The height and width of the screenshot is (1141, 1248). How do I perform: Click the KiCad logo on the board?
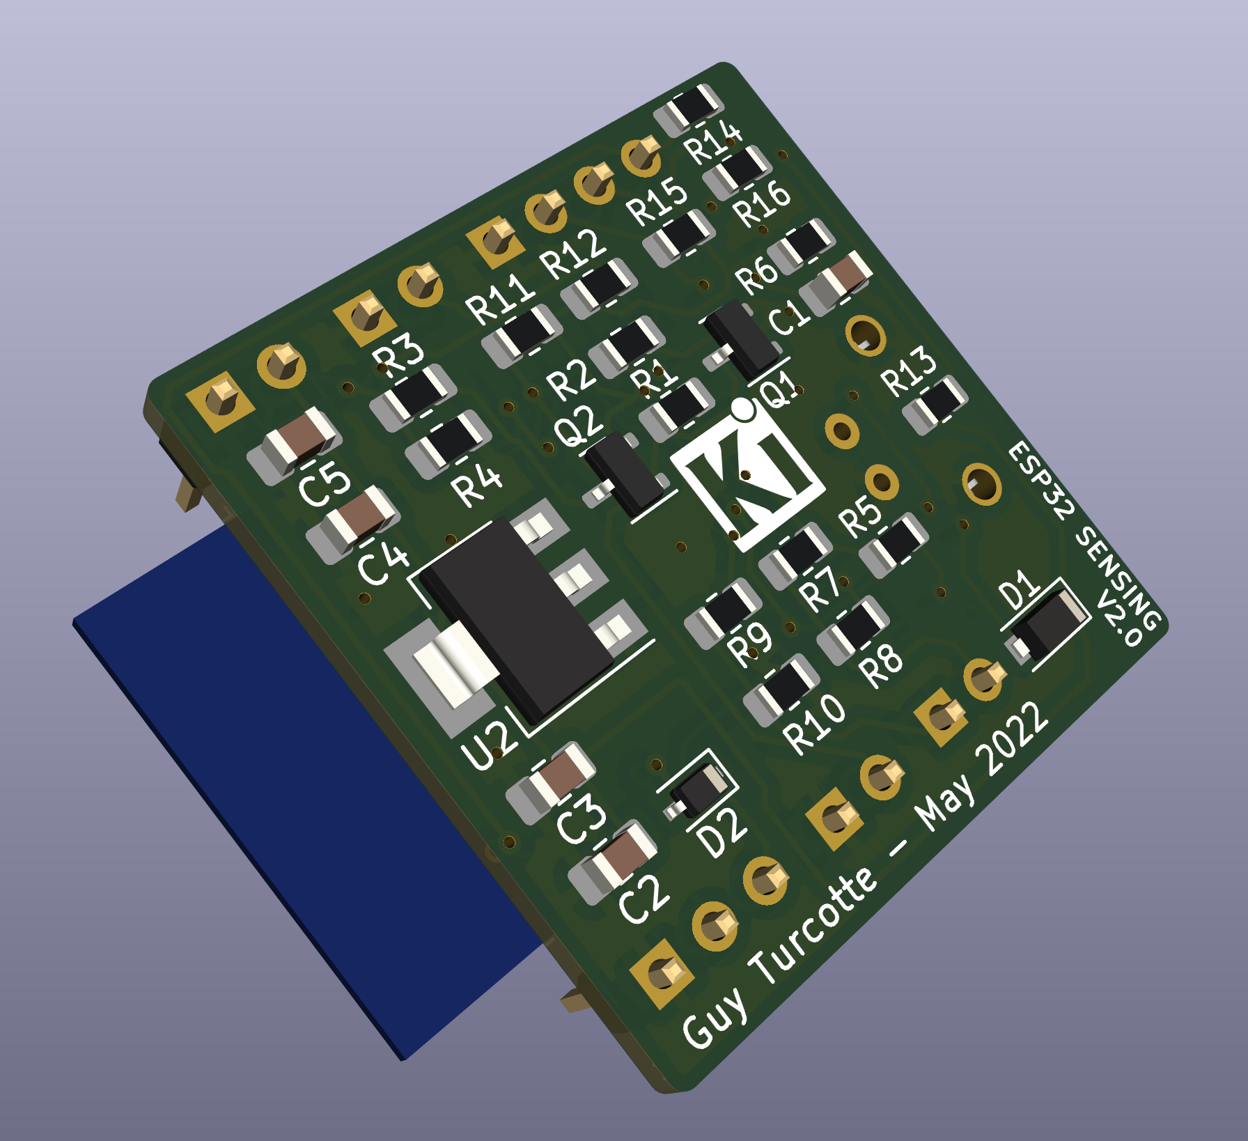(747, 476)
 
